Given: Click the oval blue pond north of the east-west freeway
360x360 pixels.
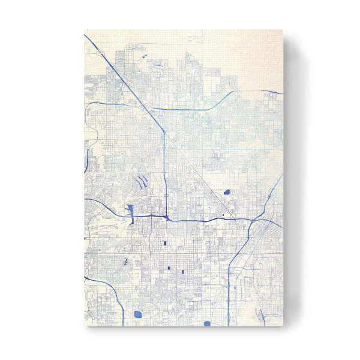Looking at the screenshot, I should point(227,193).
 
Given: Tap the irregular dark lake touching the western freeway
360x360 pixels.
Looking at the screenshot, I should point(129,211).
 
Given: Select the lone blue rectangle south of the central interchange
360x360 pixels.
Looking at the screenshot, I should point(163,244).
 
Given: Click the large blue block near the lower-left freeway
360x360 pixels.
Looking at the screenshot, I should point(138,313).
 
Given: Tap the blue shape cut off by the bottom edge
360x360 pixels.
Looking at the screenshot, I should point(207,323).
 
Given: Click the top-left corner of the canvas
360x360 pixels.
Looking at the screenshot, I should point(85,30).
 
